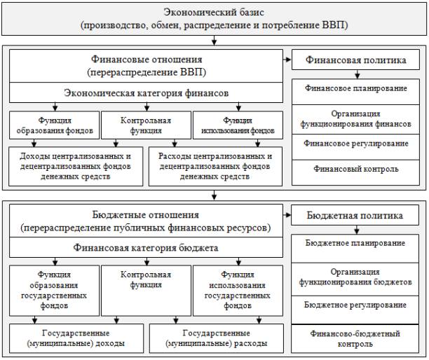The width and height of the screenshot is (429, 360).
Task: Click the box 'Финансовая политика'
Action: [355, 60]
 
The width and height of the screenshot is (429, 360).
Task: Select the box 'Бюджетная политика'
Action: [355, 215]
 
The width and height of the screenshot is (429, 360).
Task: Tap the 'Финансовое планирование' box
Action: [355, 92]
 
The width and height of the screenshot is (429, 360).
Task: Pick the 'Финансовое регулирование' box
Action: [355, 147]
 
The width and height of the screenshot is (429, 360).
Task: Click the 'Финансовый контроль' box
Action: [355, 173]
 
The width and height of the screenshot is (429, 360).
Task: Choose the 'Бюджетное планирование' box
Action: [355, 249]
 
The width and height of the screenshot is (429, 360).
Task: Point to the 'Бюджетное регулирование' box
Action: [355, 310]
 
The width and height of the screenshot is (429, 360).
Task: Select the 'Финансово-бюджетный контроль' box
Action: [355, 339]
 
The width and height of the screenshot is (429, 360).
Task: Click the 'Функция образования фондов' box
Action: [54, 125]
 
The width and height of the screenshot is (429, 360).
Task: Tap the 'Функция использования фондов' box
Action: [238, 125]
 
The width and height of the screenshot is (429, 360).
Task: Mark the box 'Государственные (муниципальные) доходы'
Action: [76, 338]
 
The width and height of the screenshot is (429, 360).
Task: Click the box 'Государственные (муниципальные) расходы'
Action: [217, 338]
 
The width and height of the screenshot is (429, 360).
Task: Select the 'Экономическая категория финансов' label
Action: [146, 93]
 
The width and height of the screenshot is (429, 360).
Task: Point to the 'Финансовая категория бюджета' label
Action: [146, 248]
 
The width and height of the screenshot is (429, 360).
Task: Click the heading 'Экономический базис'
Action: [214, 12]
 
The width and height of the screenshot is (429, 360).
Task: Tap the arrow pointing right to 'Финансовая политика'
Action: [287, 60]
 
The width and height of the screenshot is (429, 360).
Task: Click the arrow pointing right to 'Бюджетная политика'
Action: [287, 215]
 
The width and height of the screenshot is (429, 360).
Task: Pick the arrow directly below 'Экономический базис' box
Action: [214, 40]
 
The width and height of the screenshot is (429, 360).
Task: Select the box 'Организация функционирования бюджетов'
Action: [355, 279]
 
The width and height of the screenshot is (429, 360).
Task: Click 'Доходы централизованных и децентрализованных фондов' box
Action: [76, 167]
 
